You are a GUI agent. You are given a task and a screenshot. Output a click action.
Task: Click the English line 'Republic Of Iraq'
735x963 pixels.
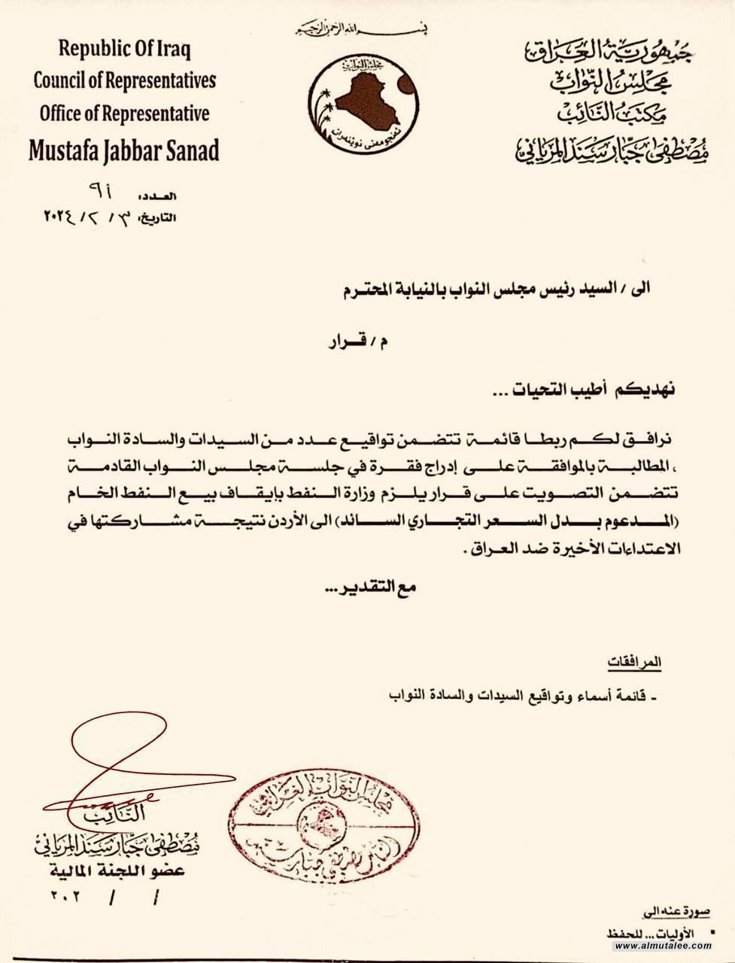point(125,50)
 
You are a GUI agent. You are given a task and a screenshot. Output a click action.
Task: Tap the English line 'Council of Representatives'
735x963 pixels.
point(125,81)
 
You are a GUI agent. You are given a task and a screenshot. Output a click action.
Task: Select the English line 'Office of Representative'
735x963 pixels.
point(125,113)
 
